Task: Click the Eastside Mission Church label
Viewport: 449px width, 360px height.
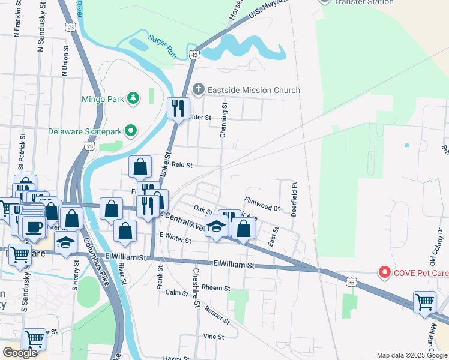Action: [x=253, y=90]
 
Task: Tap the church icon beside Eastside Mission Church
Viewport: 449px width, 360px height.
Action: [x=199, y=90]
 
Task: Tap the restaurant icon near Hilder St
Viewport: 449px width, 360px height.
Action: [x=178, y=109]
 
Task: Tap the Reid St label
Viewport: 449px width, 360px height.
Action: [x=181, y=164]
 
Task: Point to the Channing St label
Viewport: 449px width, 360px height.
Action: [x=224, y=120]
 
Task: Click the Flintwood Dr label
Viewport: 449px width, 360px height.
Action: [x=262, y=203]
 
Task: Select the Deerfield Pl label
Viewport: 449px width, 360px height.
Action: [x=294, y=199]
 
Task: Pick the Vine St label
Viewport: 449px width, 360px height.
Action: [x=213, y=337]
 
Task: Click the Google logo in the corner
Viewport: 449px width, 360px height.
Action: [x=20, y=353]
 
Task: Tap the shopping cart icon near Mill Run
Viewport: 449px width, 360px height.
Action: [x=424, y=302]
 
